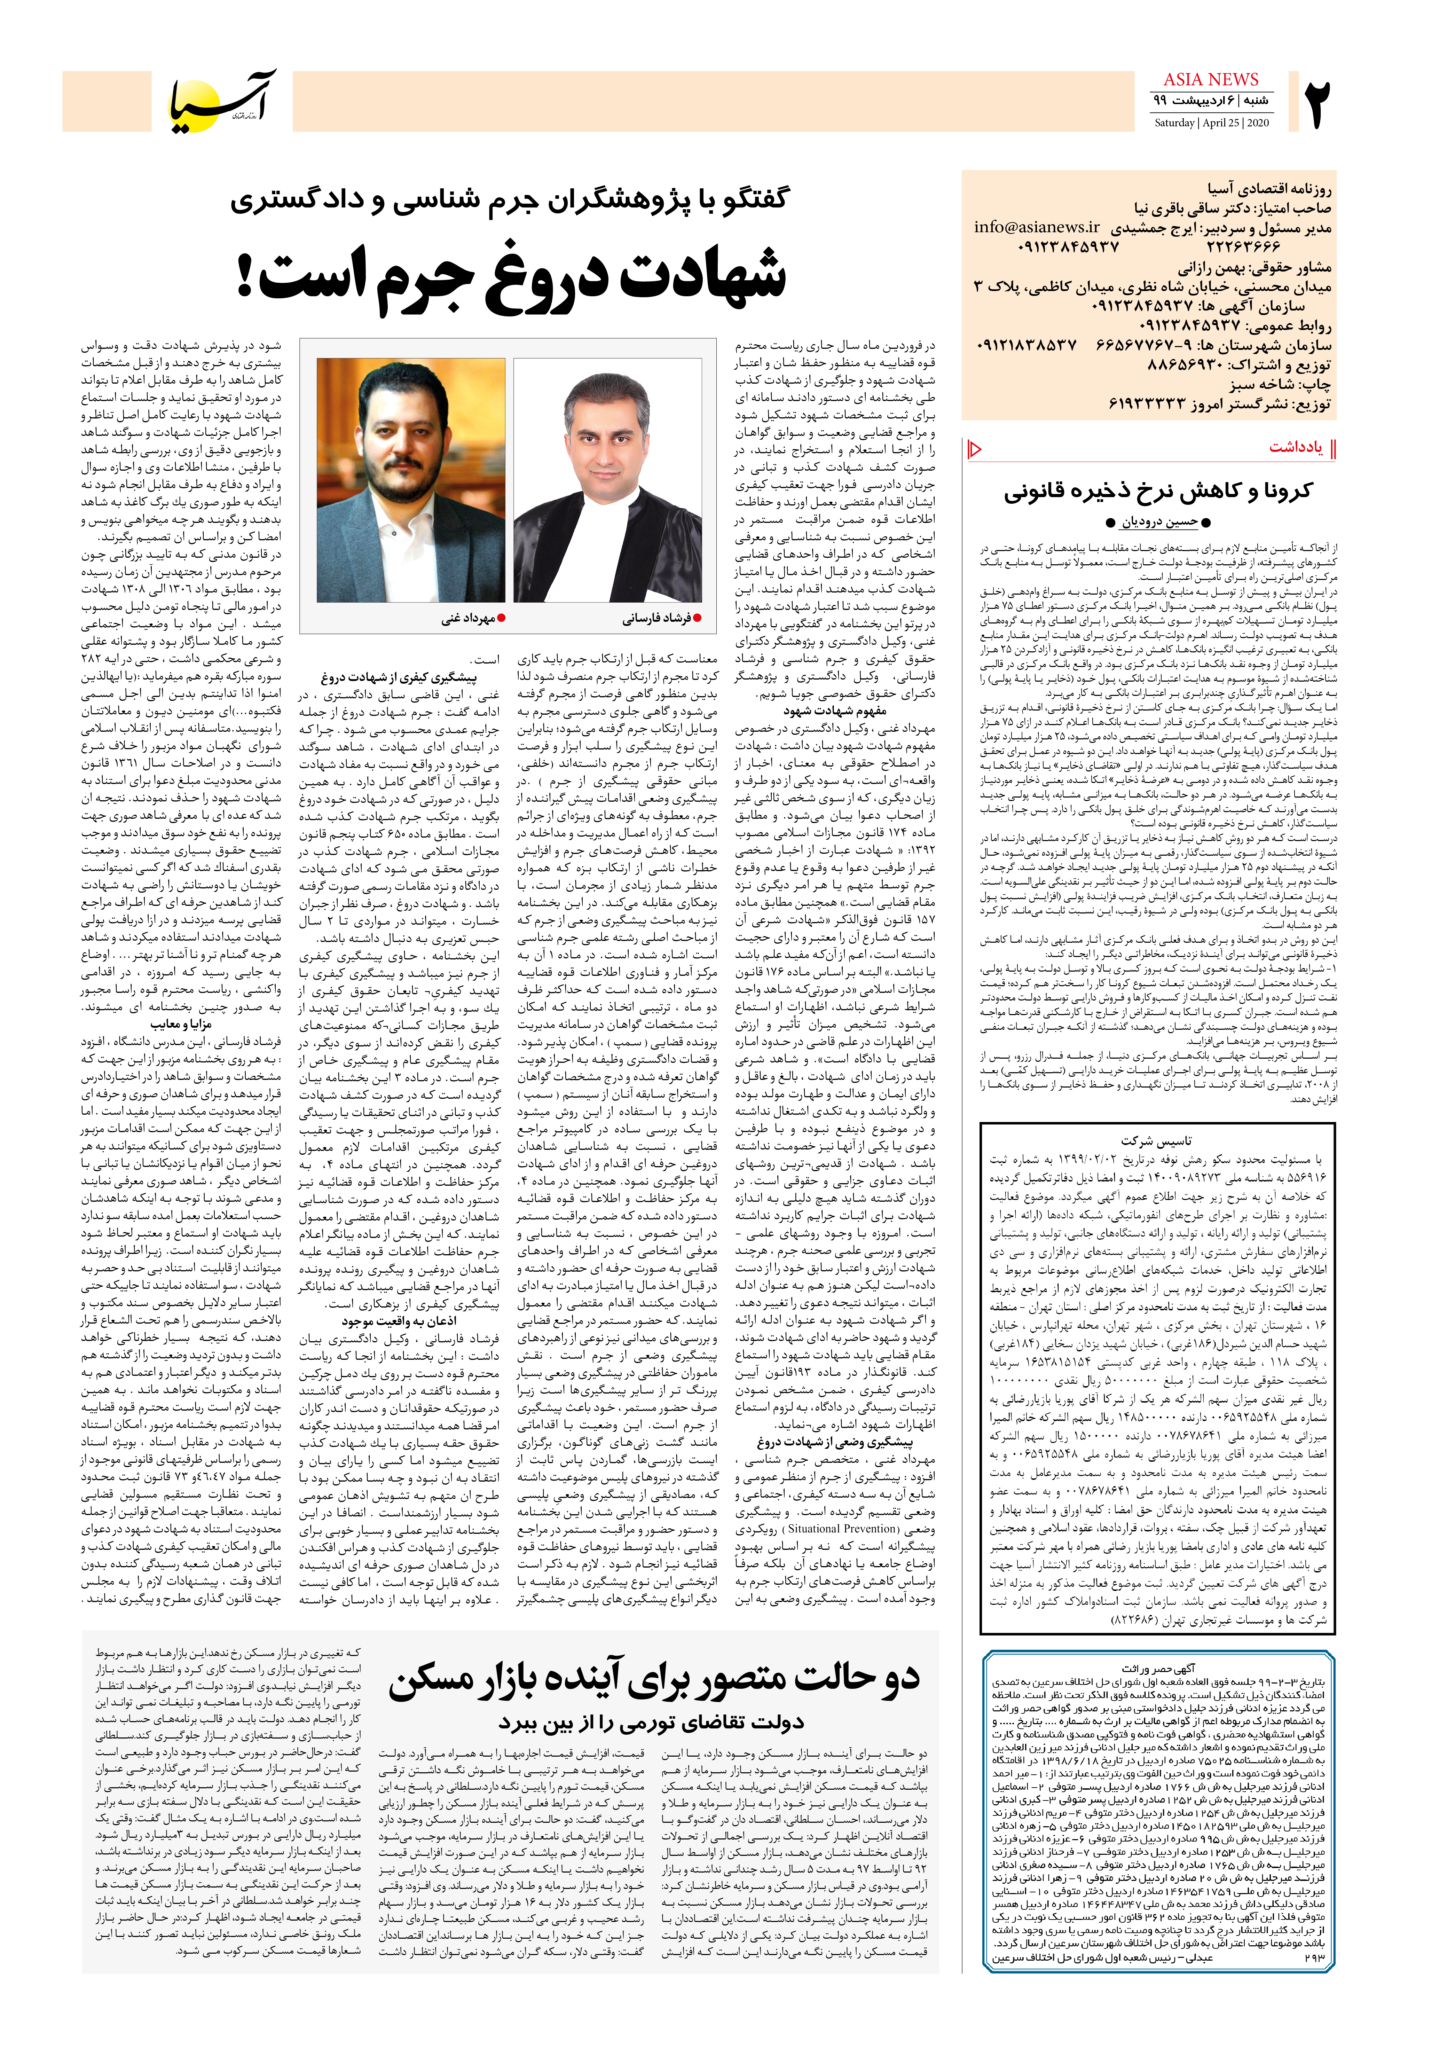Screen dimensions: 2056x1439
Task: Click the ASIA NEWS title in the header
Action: [x=1211, y=80]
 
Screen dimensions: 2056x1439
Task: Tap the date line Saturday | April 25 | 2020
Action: [x=1211, y=123]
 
